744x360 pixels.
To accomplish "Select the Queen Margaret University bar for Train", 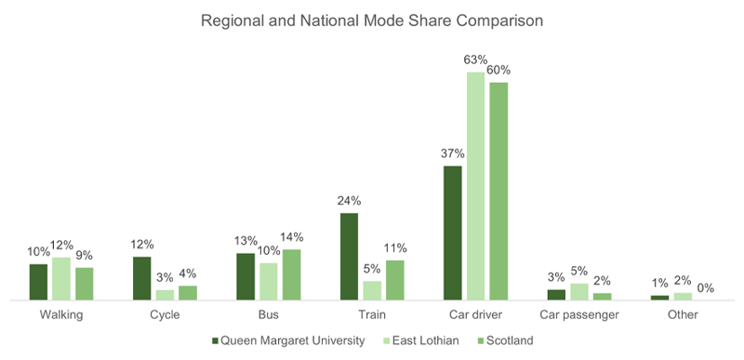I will click(349, 257).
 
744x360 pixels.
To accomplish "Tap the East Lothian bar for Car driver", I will click(476, 186).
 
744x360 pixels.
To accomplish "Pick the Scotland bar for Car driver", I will click(498, 191).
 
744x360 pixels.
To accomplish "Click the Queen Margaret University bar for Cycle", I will click(142, 278).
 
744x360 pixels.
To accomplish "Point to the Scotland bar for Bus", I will click(291, 274).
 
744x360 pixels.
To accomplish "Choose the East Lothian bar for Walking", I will click(61, 278).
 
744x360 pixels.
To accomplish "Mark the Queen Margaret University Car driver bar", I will click(453, 233).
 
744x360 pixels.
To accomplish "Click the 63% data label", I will click(476, 60).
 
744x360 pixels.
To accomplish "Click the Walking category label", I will click(61, 315).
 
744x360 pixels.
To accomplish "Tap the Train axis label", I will click(372, 315).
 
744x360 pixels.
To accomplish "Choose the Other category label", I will click(683, 315).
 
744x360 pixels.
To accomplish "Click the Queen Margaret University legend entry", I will click(289, 340).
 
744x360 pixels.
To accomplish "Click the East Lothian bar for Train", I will click(372, 290).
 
